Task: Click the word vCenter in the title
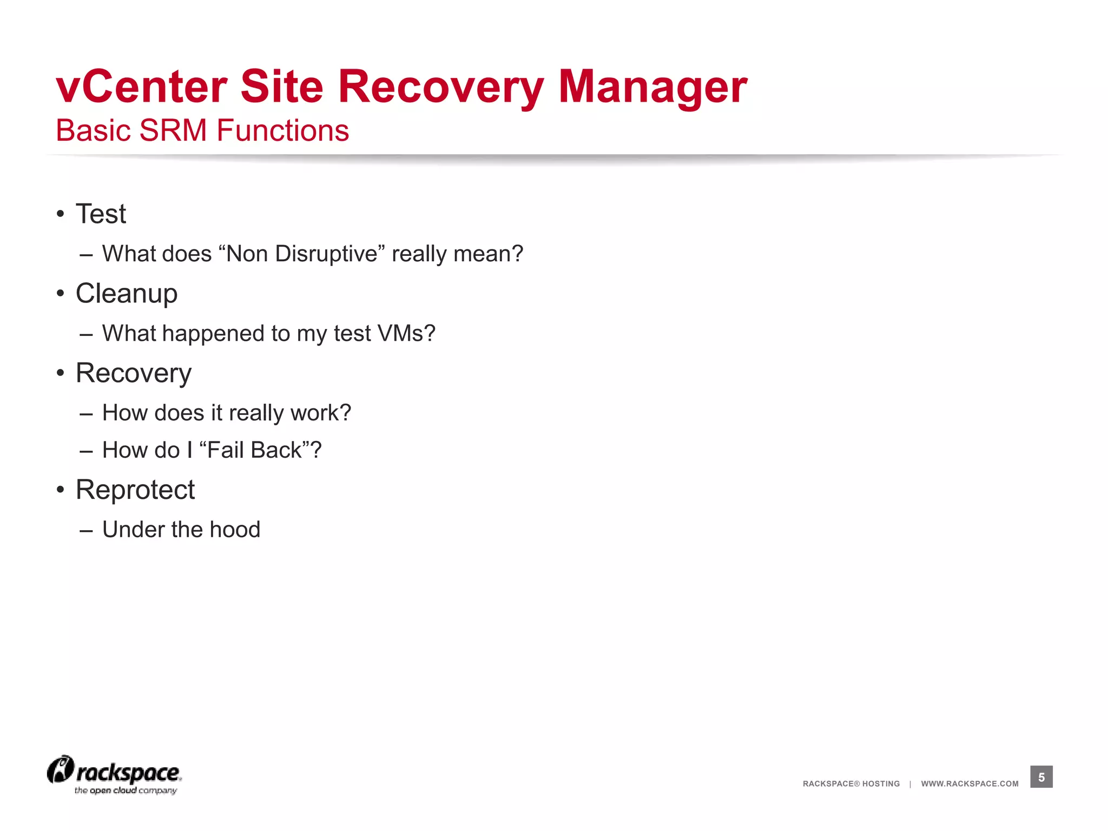(x=142, y=87)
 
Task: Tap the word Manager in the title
(x=652, y=87)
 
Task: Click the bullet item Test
(x=101, y=214)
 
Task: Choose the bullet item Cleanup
(x=127, y=293)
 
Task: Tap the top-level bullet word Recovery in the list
(x=134, y=373)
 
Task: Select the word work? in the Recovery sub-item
(x=321, y=413)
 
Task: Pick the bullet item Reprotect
(x=135, y=490)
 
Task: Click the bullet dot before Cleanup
(x=61, y=294)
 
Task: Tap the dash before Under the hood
(x=86, y=531)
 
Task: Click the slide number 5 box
(x=1041, y=777)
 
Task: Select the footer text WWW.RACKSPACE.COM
(x=969, y=783)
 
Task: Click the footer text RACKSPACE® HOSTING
(x=851, y=783)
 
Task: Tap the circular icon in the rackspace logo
(x=60, y=769)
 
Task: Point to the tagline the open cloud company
(x=126, y=790)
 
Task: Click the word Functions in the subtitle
(x=283, y=131)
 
